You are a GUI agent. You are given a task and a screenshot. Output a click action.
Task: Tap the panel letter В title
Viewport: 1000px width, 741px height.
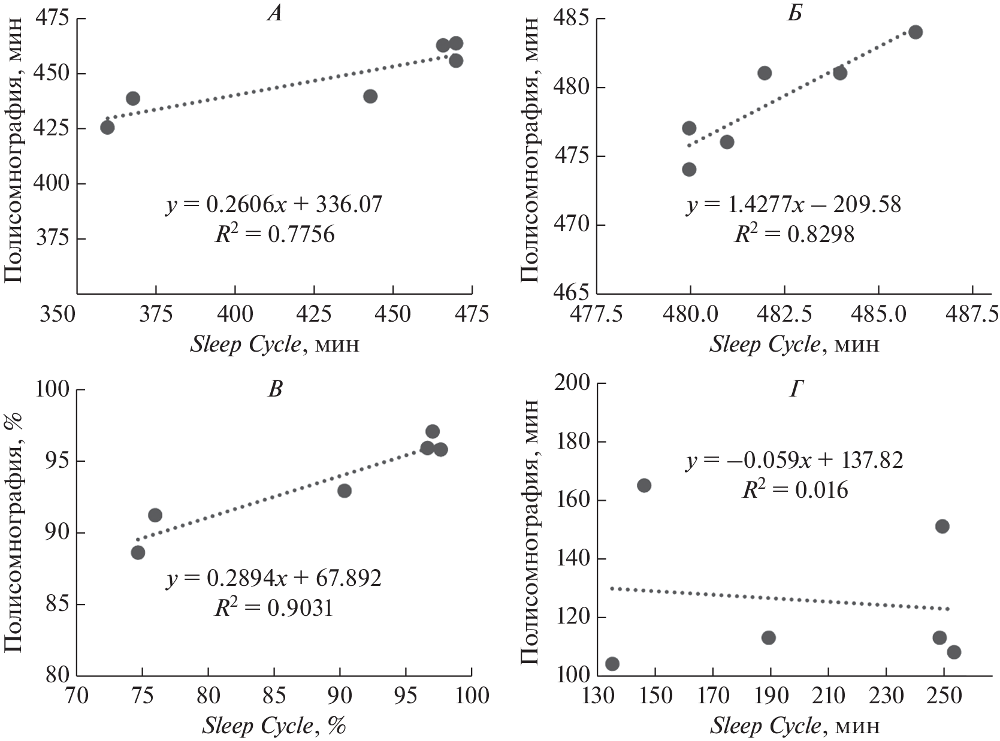coord(274,390)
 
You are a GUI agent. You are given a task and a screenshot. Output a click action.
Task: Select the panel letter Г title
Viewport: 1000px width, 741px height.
coord(795,390)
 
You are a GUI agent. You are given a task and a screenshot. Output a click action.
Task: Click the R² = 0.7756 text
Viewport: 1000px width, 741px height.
coord(274,234)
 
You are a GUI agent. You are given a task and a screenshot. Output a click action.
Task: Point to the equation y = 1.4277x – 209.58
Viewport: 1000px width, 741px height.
coord(794,205)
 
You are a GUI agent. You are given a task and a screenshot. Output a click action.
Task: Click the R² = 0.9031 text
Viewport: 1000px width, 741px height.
coord(274,608)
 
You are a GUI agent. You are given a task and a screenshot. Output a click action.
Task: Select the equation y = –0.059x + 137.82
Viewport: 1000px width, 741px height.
coord(794,461)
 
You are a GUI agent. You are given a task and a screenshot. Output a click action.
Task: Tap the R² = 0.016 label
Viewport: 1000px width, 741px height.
coord(795,490)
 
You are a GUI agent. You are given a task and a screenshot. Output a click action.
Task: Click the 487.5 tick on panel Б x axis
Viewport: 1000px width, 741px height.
coord(972,314)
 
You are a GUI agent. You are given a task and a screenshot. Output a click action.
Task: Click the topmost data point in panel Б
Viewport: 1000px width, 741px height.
coord(916,32)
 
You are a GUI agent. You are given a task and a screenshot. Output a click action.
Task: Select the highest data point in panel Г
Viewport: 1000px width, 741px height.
coord(644,485)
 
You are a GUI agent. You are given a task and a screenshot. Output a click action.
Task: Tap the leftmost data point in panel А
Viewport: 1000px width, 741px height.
coord(107,128)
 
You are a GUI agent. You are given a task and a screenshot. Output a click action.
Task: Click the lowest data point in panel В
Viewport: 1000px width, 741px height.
coord(138,552)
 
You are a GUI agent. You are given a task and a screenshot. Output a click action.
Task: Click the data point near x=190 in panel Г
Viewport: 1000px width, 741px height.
coord(769,637)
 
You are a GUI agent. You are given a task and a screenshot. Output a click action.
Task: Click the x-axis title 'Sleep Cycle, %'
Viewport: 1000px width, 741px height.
coord(274,726)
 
